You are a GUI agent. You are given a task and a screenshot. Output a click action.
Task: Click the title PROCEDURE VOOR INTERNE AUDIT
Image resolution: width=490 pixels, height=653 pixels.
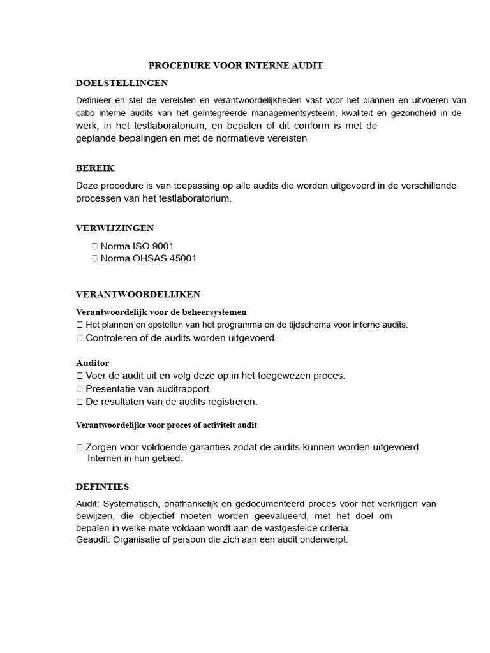(x=235, y=66)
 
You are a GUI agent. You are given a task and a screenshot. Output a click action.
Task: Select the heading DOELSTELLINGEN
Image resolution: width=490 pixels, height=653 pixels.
(x=122, y=84)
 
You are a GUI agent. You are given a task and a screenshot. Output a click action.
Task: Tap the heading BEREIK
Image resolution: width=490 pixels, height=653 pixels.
(x=95, y=168)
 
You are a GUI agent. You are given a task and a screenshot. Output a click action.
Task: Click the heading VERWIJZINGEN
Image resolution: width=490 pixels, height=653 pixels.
(x=115, y=228)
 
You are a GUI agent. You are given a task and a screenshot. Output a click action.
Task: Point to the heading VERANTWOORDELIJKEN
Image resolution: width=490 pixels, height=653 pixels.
(x=138, y=294)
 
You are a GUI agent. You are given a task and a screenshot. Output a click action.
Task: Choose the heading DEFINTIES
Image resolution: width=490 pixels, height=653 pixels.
(x=102, y=487)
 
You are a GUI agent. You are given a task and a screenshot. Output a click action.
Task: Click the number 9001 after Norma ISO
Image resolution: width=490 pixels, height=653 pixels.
(x=160, y=246)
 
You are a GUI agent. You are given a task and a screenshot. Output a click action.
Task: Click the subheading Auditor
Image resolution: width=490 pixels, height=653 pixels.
(x=93, y=363)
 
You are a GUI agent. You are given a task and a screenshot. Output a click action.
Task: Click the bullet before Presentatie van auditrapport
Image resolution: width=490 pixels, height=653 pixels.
(x=80, y=389)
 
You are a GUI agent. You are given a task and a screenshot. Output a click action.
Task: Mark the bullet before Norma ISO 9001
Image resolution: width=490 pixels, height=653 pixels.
(x=94, y=246)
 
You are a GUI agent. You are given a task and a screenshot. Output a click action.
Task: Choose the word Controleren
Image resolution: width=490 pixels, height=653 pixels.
(x=110, y=338)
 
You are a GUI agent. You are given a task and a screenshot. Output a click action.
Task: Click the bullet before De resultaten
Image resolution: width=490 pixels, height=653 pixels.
(x=80, y=402)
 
